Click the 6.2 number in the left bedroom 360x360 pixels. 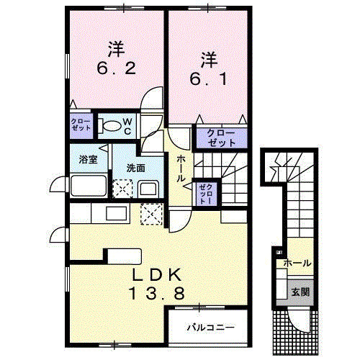tap(116, 70)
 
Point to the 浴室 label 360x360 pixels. tap(88, 160)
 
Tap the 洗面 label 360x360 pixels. tap(136, 167)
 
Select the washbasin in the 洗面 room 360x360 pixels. tap(149, 191)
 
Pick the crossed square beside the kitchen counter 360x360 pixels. tap(152, 214)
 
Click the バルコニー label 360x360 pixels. tap(210, 328)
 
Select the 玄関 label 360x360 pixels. tap(300, 293)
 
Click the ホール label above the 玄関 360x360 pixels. tap(298, 264)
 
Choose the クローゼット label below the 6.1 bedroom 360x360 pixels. tap(216, 138)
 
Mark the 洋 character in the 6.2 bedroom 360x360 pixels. tap(117, 50)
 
